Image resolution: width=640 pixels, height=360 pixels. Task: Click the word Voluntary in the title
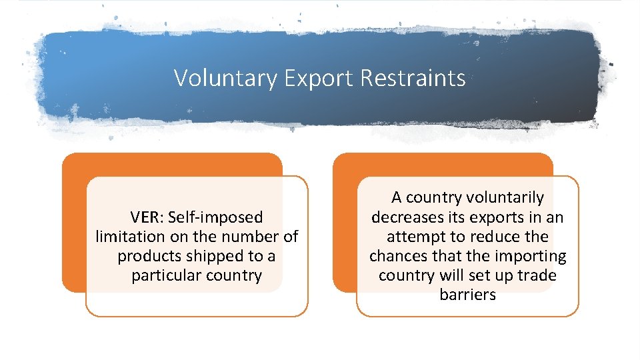click(225, 79)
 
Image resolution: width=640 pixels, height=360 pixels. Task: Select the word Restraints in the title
click(413, 79)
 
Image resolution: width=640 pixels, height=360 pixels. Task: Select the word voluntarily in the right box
click(505, 198)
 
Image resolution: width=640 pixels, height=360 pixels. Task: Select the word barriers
click(468, 295)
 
